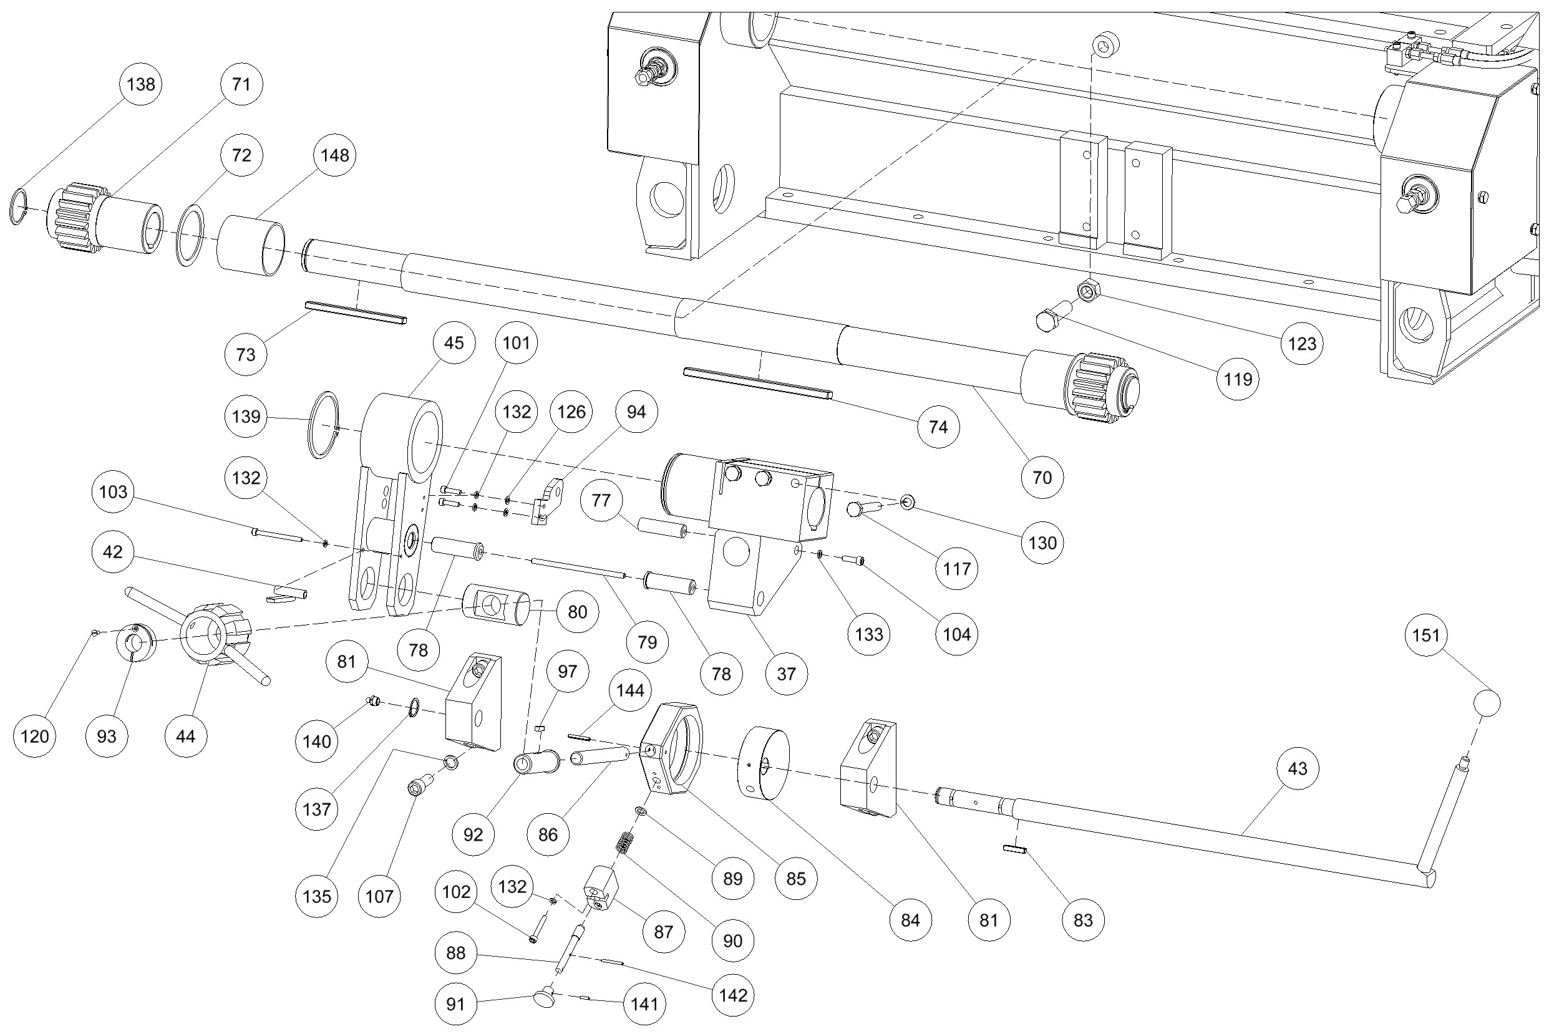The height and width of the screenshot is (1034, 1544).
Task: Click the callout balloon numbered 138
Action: tap(141, 84)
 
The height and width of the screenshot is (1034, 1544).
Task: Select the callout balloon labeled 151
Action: tap(1426, 635)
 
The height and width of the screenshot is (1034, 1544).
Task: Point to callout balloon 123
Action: tap(1302, 343)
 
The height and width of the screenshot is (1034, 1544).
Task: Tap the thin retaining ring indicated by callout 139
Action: tap(323, 425)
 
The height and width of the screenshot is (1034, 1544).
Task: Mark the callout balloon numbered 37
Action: tap(786, 674)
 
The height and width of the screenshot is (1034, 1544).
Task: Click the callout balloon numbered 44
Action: tap(186, 736)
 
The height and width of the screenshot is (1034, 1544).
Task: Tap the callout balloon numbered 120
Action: tap(34, 736)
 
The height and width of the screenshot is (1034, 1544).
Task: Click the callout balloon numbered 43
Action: tap(1298, 768)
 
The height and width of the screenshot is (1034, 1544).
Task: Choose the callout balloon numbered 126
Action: tap(571, 412)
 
